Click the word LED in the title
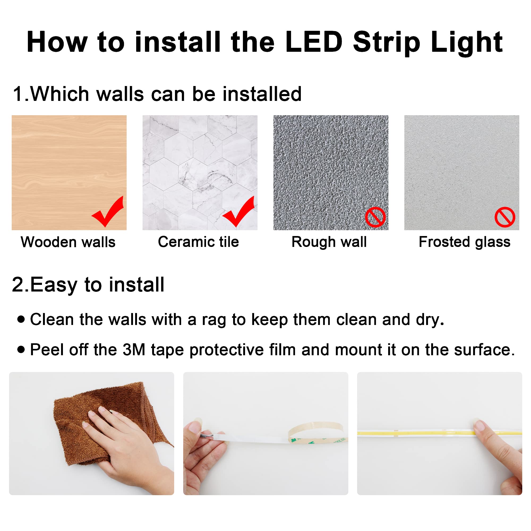314,42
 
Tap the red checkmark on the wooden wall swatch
108,213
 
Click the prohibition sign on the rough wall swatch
375,217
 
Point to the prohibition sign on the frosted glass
505,217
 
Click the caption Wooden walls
68,242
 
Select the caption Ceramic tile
198,242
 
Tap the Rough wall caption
329,242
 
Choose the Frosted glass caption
464,242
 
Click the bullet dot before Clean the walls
21,319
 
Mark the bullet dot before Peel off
21,349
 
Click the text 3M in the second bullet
134,350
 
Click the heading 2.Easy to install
88,284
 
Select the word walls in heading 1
120,94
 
